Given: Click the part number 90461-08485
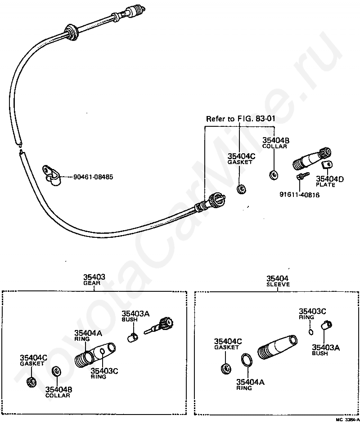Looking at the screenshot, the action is (x=93, y=177).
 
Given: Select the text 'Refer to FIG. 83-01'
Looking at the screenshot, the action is (x=241, y=119).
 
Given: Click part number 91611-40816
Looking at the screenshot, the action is (x=300, y=195).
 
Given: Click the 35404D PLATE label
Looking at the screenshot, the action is (x=329, y=182).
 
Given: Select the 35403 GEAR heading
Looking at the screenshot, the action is (x=94, y=280).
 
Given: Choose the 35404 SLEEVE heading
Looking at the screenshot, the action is (x=278, y=281).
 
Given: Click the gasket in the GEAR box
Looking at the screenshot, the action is (x=31, y=382).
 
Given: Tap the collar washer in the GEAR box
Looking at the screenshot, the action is (x=57, y=371).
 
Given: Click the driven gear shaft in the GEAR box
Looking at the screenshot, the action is (x=160, y=326).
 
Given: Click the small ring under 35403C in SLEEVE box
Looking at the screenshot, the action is (x=311, y=332).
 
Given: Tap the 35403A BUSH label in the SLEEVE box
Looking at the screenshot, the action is (x=325, y=350).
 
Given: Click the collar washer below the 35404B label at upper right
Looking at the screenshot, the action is (x=274, y=175).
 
